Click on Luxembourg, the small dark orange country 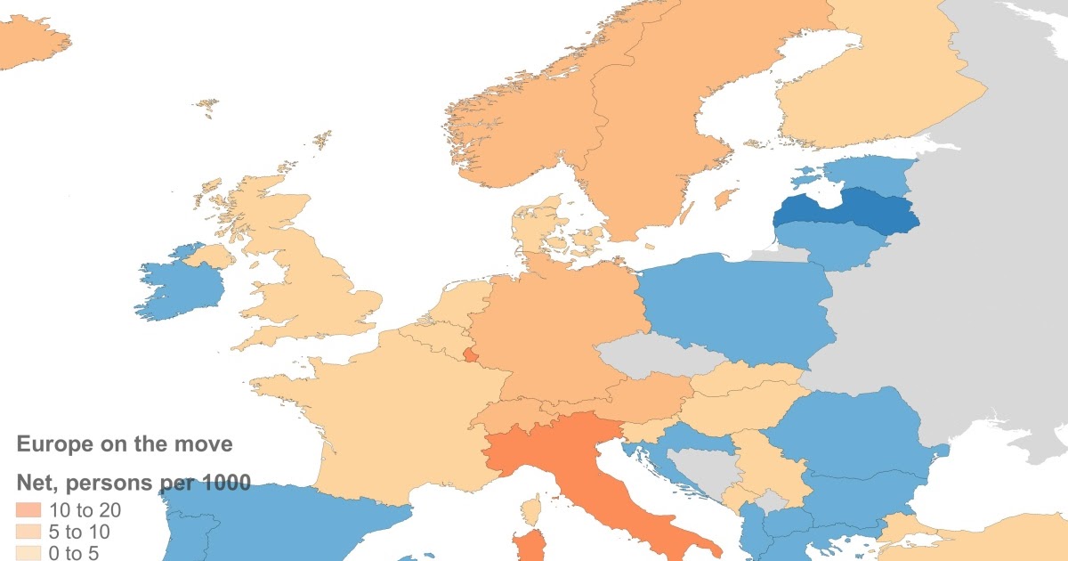469,356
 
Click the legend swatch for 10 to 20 29,510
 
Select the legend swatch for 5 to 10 29,530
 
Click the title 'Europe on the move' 125,443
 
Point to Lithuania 823,245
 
